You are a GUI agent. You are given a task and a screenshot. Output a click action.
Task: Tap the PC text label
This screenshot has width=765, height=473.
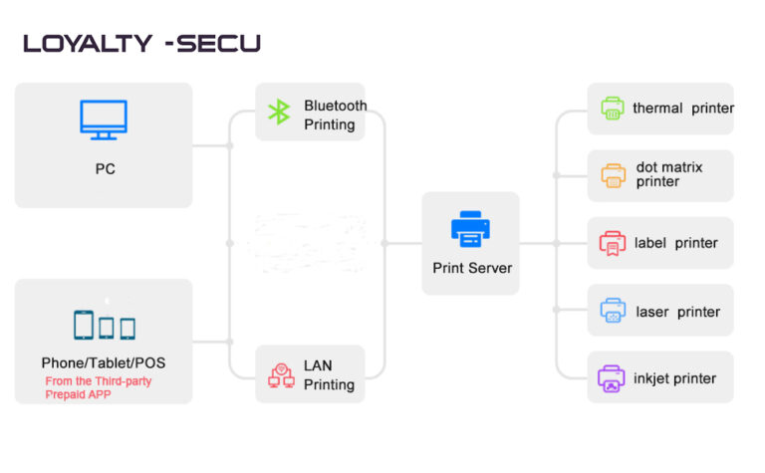[x=105, y=169]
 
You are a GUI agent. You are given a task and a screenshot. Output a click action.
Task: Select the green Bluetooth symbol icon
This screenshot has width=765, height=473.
[x=279, y=113]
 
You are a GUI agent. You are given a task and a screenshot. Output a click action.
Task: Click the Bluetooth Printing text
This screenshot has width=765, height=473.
[x=336, y=116]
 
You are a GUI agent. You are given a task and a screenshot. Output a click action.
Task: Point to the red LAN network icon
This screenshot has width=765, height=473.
[x=281, y=375]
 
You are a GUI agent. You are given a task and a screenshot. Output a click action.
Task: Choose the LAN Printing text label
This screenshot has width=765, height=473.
[x=329, y=376]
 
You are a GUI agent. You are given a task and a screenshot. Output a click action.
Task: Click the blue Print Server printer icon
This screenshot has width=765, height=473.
[x=470, y=229]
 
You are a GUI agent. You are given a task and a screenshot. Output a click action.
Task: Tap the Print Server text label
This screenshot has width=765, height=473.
[x=472, y=268]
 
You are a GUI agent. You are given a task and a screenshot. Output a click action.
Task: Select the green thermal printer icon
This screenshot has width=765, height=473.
[x=612, y=109]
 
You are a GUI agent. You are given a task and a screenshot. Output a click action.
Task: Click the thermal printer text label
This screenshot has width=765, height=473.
[x=683, y=109]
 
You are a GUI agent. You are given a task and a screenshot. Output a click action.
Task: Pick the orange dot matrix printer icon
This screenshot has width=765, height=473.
[x=612, y=175]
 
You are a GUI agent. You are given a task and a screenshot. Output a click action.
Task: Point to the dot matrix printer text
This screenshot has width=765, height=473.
[x=669, y=175]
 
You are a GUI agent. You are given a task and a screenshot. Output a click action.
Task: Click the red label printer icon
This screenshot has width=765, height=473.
[x=612, y=243]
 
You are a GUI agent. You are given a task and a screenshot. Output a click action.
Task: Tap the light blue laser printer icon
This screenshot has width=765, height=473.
[x=612, y=311]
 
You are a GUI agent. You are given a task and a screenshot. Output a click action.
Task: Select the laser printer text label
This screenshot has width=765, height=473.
[x=677, y=312]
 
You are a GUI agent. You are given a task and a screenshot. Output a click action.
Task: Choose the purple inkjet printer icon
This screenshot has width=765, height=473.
[x=612, y=378]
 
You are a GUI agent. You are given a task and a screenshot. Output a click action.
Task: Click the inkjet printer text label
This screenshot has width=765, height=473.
[x=675, y=378]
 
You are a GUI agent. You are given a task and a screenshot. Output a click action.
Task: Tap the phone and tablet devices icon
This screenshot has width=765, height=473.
[x=104, y=326]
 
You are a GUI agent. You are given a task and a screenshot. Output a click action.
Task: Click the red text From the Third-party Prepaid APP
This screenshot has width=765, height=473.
[x=98, y=388]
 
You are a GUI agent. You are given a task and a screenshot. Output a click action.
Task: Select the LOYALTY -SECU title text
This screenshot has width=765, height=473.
[x=141, y=44]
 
